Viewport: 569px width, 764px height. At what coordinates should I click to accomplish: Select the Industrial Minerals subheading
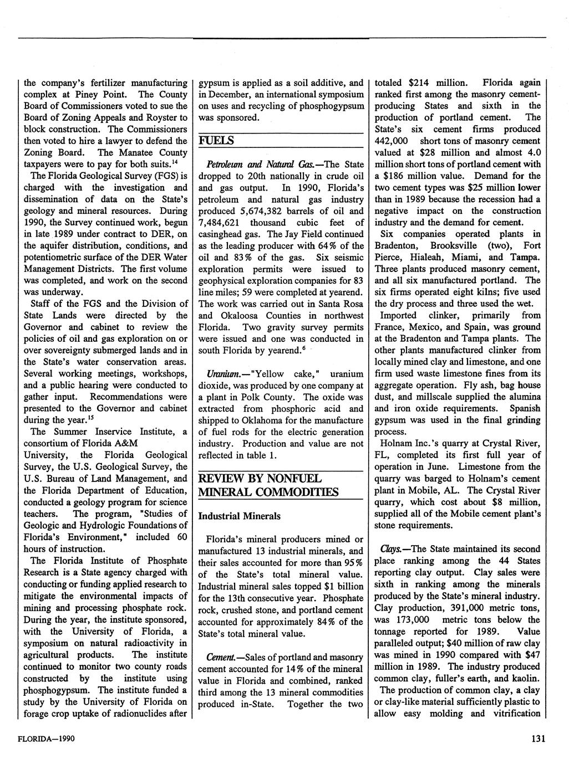point(240,516)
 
